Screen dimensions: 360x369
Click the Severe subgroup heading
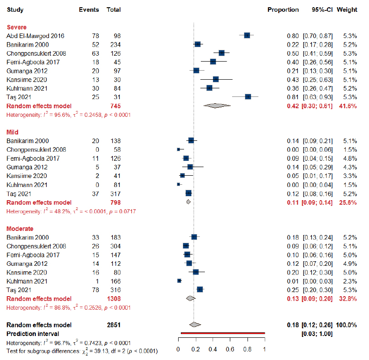click(16, 27)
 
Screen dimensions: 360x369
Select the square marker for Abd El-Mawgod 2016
click(247, 35)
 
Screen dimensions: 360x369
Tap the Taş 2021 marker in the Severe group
click(248, 96)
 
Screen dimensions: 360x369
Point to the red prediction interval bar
click(222, 333)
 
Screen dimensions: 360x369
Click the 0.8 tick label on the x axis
click(247, 350)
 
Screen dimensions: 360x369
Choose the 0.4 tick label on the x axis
click(213, 350)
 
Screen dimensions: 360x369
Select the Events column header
click(88, 10)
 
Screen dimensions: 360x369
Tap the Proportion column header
click(283, 10)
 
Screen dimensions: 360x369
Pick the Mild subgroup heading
click(14, 132)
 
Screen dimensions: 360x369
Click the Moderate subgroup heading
click(19, 229)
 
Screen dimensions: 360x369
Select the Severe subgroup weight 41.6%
click(347, 106)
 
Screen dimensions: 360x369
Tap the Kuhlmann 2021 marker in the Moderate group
click(179, 281)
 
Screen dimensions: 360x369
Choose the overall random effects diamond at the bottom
click(194, 324)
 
